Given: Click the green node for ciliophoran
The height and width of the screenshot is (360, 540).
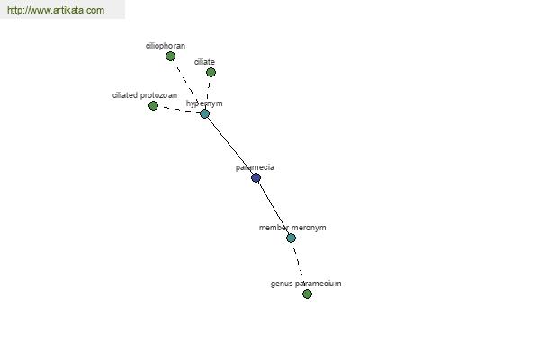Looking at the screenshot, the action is click(170, 56).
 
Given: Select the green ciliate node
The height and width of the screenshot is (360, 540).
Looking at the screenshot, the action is click(211, 72).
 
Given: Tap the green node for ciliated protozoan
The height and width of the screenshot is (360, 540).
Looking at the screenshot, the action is click(153, 106).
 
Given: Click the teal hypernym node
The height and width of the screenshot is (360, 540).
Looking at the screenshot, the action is click(205, 113).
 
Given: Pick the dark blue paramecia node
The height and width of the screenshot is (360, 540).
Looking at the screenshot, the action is click(256, 178).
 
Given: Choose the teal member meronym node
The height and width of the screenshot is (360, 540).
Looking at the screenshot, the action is click(291, 238).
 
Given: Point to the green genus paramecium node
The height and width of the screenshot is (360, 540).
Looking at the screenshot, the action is click(307, 294).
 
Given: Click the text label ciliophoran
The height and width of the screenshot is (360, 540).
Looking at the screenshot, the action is click(166, 46).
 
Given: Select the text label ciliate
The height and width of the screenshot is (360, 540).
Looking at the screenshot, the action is click(204, 62).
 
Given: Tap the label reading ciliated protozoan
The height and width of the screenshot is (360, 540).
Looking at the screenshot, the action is click(145, 95).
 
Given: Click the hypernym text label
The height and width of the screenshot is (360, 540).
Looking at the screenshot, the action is click(204, 103).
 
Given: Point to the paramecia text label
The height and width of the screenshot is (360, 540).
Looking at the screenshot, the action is click(256, 167).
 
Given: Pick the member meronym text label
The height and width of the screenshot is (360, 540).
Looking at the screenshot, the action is click(292, 228).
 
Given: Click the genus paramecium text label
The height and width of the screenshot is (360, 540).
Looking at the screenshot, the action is click(306, 283).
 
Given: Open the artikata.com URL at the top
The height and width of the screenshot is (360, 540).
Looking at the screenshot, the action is click(56, 10).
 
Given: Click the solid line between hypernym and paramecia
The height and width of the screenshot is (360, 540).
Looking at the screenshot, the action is click(230, 146).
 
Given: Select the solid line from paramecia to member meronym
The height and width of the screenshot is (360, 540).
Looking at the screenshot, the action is click(274, 208).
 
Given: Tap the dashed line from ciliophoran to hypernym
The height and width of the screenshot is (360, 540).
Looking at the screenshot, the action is click(187, 84).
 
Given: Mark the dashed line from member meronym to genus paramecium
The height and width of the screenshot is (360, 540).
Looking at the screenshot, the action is click(299, 265).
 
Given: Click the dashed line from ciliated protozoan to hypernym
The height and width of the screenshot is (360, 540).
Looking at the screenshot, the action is click(179, 110).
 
